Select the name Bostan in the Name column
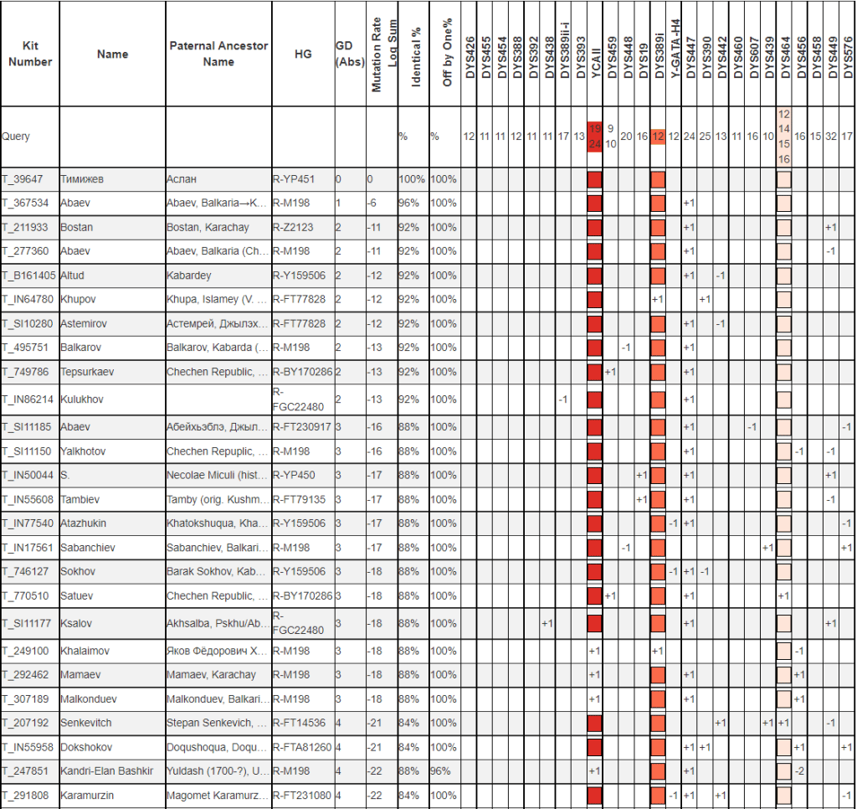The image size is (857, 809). pyautogui.click(x=76, y=227)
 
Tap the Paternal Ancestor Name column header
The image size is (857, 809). pyautogui.click(x=218, y=54)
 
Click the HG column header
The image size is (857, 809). pyautogui.click(x=303, y=54)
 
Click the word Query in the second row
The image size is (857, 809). pyautogui.click(x=16, y=136)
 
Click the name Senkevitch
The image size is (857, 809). pyautogui.click(x=85, y=723)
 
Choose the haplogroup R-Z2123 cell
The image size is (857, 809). pyautogui.click(x=295, y=227)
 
